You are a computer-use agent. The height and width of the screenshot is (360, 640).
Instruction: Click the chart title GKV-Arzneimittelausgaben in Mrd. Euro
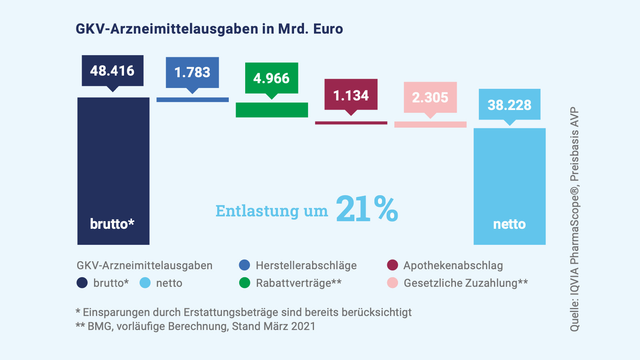209,29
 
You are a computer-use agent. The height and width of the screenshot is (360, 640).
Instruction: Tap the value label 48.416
112,71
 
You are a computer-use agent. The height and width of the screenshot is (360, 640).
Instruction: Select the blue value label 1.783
192,72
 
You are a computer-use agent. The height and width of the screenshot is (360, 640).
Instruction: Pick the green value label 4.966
272,78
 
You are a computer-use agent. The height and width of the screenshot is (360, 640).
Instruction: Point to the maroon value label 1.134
351,96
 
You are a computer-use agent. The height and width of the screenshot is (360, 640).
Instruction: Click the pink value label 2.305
430,98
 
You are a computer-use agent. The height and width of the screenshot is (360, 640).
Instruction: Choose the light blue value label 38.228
509,105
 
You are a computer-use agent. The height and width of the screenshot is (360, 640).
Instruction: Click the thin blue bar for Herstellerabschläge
192,100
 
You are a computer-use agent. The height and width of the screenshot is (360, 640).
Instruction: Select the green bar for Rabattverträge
272,110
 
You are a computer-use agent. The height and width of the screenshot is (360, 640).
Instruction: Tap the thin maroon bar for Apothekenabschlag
351,123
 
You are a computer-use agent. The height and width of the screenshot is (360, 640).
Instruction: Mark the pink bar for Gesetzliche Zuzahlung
430,125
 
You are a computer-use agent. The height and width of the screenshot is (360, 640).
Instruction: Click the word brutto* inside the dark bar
112,224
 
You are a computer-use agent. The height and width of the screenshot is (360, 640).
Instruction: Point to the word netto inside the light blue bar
509,224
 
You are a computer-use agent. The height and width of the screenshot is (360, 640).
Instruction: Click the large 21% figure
367,209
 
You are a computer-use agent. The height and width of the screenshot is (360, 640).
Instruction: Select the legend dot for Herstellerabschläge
244,265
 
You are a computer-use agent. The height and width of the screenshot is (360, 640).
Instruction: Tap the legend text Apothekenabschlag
453,266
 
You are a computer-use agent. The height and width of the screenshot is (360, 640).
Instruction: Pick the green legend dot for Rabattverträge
244,283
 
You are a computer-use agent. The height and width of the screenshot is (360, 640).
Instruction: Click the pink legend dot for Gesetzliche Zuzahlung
392,283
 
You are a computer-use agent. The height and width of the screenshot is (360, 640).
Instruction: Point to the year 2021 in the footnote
303,326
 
